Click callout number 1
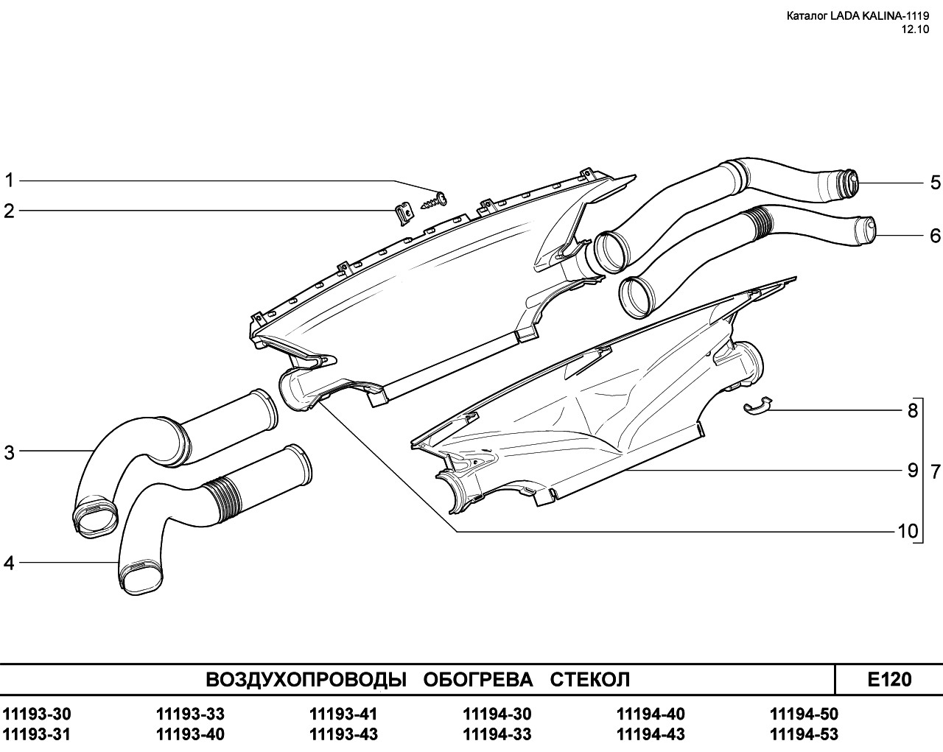coord(9,180)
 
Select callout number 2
coord(9,211)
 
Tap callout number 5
coord(935,183)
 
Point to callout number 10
coord(908,531)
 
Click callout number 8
coord(912,411)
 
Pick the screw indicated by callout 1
coord(434,201)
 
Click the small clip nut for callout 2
coord(404,213)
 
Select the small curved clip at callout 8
coord(757,405)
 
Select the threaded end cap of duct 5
coord(848,181)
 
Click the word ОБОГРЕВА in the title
coord(478,680)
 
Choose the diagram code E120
coord(889,679)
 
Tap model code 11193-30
coord(37,714)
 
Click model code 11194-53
coord(804,734)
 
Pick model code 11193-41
coord(343,714)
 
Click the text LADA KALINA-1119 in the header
coord(877,16)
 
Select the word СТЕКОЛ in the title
coord(590,680)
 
